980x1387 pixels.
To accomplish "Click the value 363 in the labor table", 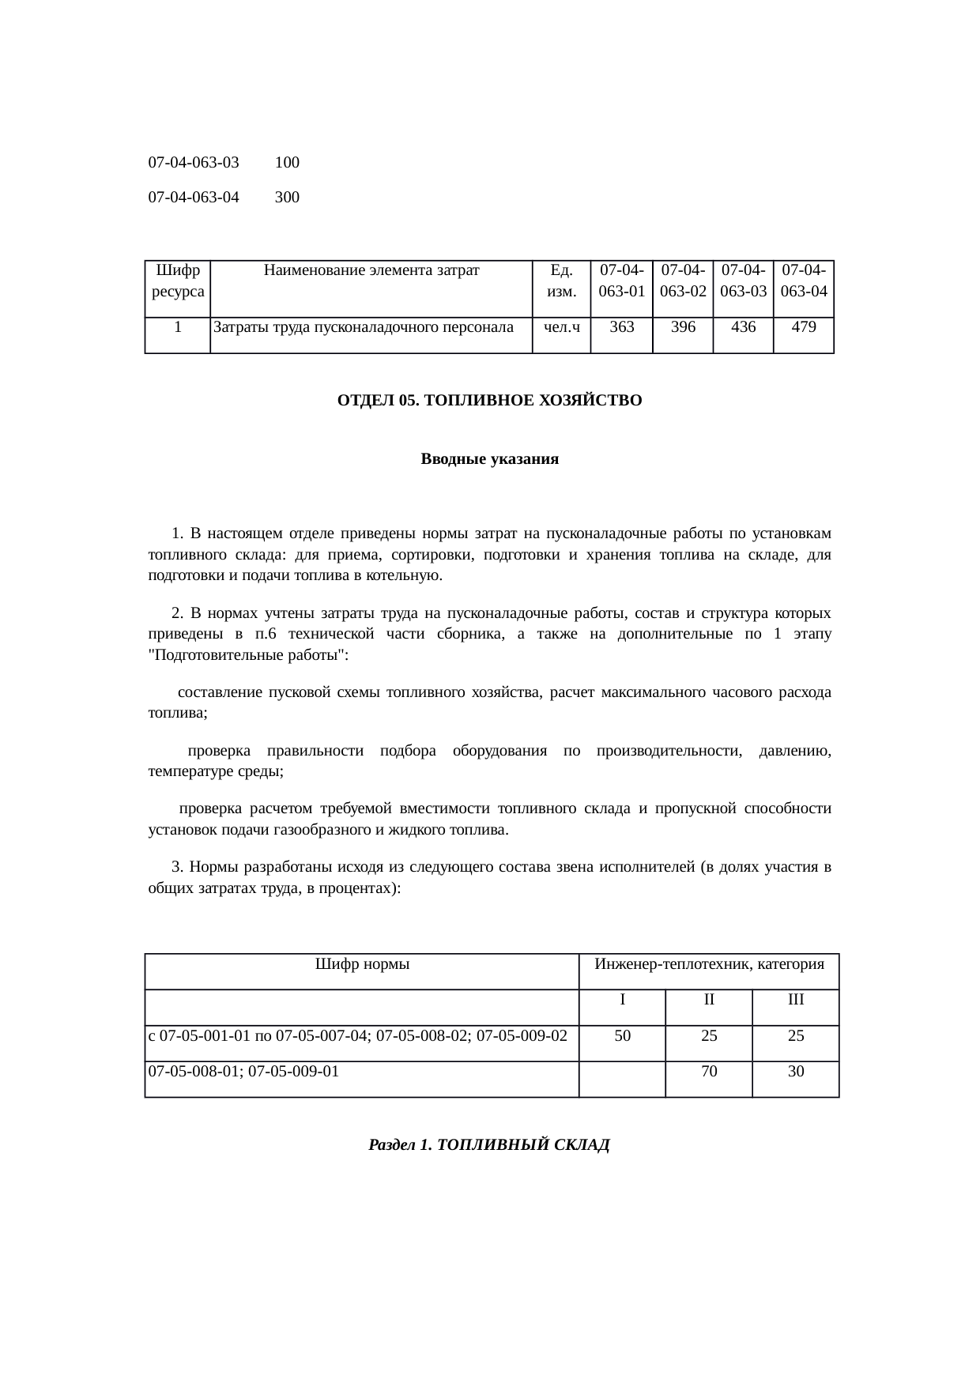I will coord(622,326).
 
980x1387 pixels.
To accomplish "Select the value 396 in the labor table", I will coord(683,326).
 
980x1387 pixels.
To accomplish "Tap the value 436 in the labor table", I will coord(743,326).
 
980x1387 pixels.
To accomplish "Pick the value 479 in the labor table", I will coord(803,326).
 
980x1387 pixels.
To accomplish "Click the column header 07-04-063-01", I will coord(622,281).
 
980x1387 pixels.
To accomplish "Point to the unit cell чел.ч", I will coord(562,326).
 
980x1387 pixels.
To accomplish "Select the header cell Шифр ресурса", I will coord(178,281).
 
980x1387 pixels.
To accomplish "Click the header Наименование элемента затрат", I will coord(371,270).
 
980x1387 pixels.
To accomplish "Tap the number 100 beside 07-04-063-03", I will coord(287,163).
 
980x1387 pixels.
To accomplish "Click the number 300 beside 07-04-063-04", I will coord(287,198).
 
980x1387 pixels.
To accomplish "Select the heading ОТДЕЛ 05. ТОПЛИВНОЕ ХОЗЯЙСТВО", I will coord(489,401).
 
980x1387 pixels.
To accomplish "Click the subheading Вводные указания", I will coord(489,459).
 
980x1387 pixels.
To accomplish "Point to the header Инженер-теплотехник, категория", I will coord(709,964).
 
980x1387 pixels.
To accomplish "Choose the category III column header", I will coord(796,1000).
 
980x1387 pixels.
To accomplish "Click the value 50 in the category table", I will coord(623,1035).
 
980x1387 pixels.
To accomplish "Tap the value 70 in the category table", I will coord(709,1072).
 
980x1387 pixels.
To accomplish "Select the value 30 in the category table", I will coord(796,1072).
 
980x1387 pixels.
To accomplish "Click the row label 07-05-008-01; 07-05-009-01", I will coord(243,1072).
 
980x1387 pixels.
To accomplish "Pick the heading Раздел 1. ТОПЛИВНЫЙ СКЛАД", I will coord(489,1144).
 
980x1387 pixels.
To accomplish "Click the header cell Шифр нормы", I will coord(362,964).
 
